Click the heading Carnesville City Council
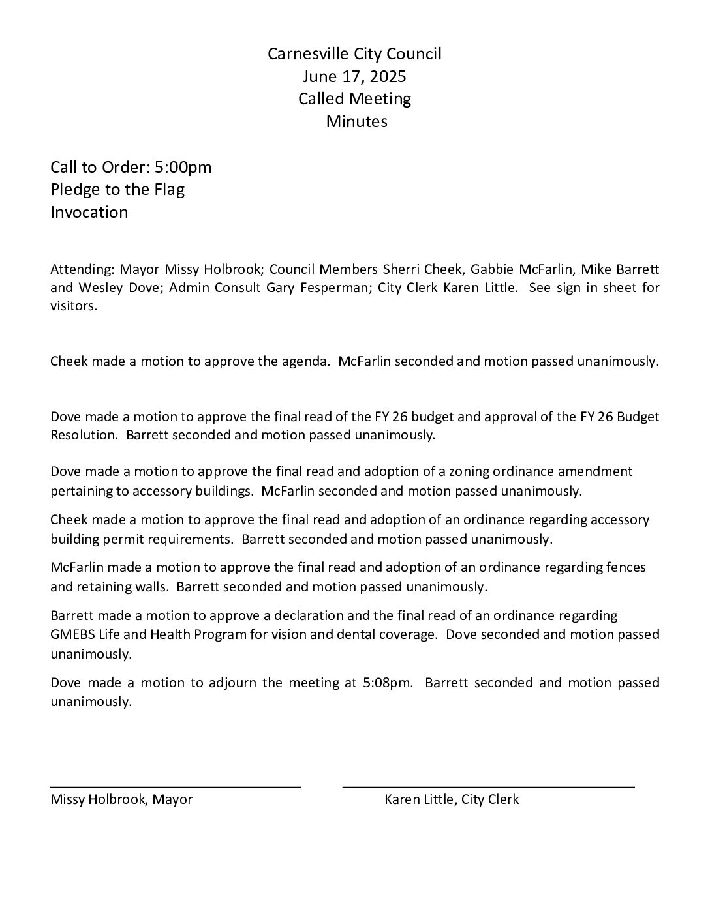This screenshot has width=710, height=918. click(x=354, y=53)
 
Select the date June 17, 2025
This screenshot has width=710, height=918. click(x=354, y=76)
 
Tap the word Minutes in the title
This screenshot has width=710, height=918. click(x=356, y=121)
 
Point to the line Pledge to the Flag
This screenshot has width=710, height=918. click(x=117, y=190)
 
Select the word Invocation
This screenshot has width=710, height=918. click(x=89, y=212)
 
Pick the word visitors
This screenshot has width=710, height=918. click(x=74, y=306)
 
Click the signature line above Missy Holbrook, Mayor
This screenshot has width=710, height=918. click(x=176, y=788)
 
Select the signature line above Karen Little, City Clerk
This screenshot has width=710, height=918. click(x=488, y=788)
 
